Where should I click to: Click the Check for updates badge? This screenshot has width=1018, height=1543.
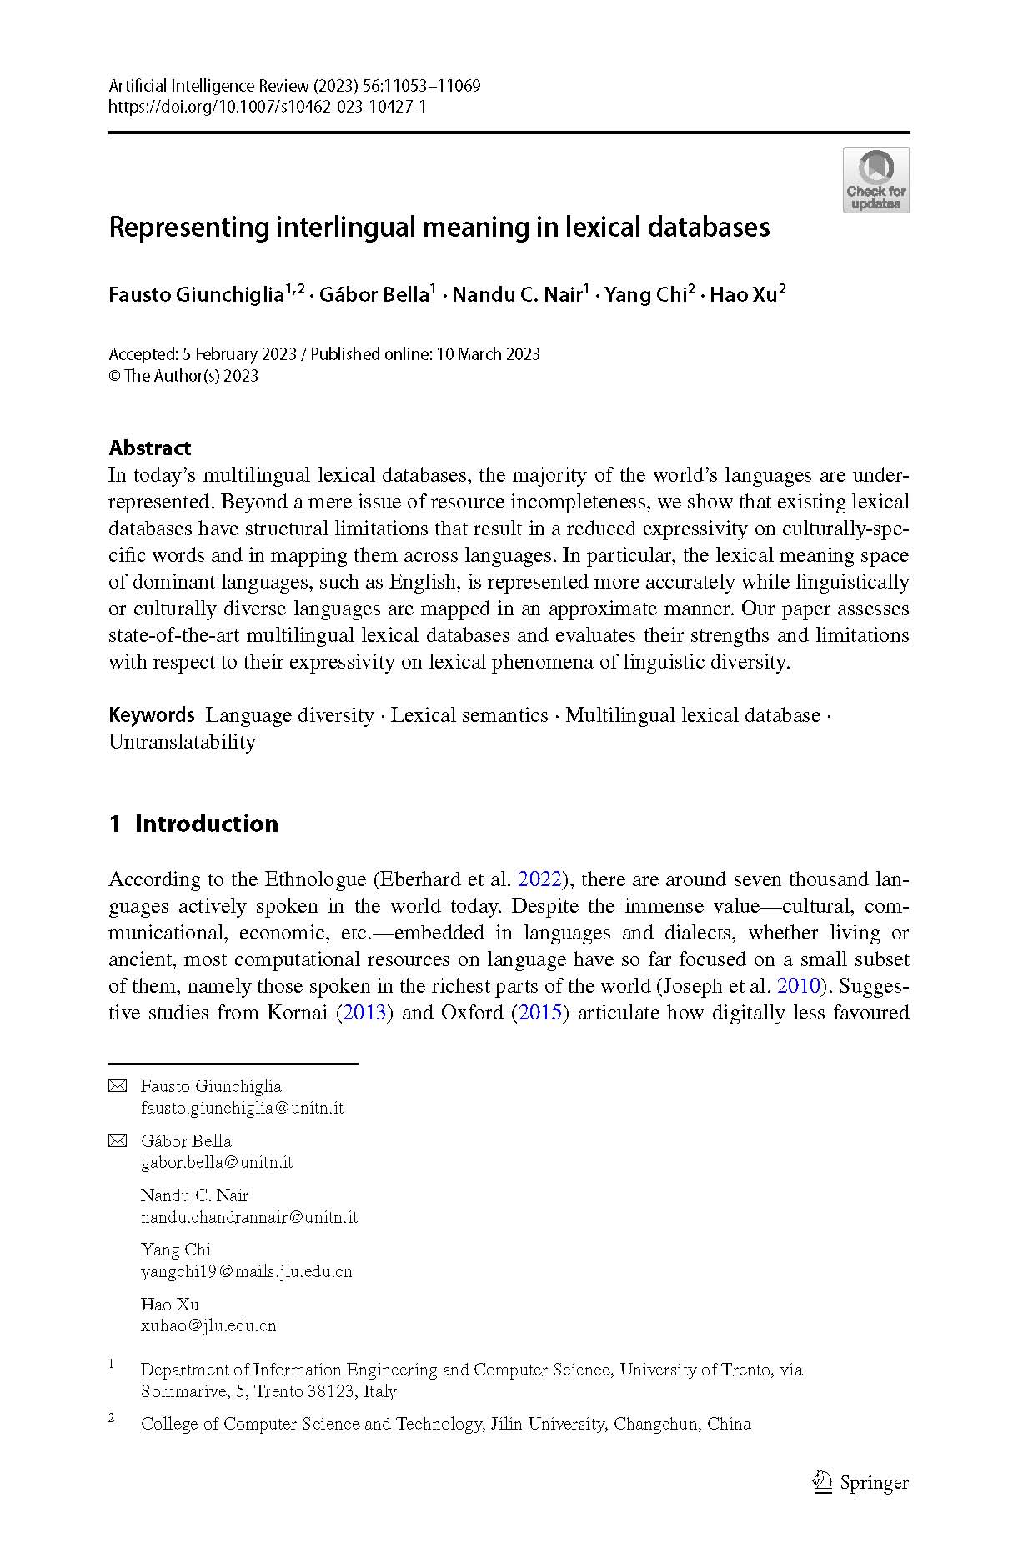point(875,180)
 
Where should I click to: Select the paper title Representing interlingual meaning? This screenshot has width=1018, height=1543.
point(439,227)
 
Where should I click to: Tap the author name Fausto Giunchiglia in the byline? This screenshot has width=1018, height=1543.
point(196,295)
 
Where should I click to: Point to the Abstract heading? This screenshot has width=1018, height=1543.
point(150,448)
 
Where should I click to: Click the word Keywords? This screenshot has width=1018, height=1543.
point(152,715)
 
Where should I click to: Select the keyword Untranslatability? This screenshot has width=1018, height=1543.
point(182,742)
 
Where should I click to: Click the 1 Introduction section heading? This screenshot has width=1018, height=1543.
point(193,824)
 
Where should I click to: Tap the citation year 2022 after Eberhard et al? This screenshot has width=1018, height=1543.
point(540,879)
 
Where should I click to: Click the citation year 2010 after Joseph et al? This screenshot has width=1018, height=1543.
point(799,986)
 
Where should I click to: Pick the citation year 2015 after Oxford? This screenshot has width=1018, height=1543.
point(540,1013)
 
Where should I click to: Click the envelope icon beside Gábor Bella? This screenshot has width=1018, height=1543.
point(118,1140)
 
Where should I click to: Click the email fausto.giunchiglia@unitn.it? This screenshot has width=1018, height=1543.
point(242,1108)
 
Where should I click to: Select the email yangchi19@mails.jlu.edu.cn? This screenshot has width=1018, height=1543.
point(246,1271)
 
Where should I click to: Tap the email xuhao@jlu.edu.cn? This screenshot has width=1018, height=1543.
point(208,1325)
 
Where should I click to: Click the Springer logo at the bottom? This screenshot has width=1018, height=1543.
point(860,1482)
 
